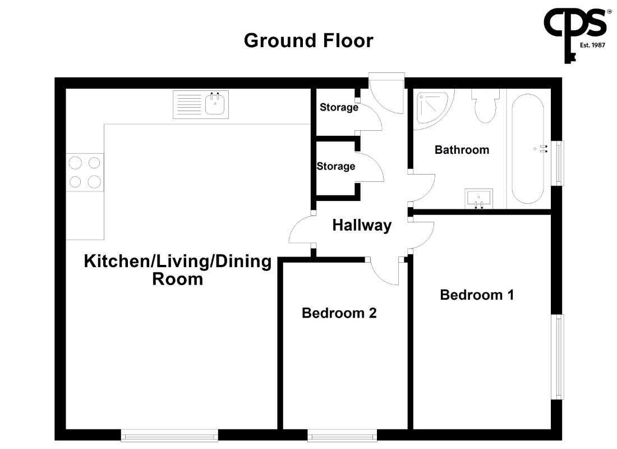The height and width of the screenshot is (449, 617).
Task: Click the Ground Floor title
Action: (308, 40)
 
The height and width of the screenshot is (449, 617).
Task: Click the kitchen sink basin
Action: (215, 104)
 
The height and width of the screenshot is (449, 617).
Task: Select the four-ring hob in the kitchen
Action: (85, 172)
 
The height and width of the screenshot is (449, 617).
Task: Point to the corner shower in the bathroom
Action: (432, 108)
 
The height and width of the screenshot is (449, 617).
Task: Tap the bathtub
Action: (528, 149)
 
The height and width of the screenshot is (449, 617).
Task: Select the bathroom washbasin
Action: (479, 199)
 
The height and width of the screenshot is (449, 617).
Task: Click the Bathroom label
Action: (462, 150)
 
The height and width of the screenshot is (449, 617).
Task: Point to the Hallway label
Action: (362, 225)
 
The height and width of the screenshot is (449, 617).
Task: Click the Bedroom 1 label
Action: (477, 295)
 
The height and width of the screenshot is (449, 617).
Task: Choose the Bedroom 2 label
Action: (339, 313)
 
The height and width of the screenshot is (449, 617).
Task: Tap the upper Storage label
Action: (339, 107)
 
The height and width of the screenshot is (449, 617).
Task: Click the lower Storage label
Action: (335, 166)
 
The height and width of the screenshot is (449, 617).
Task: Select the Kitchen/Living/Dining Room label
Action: (178, 270)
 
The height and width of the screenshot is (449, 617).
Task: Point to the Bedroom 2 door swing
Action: (384, 272)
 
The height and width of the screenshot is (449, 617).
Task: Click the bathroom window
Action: (558, 163)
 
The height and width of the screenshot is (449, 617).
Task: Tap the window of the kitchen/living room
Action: (169, 435)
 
